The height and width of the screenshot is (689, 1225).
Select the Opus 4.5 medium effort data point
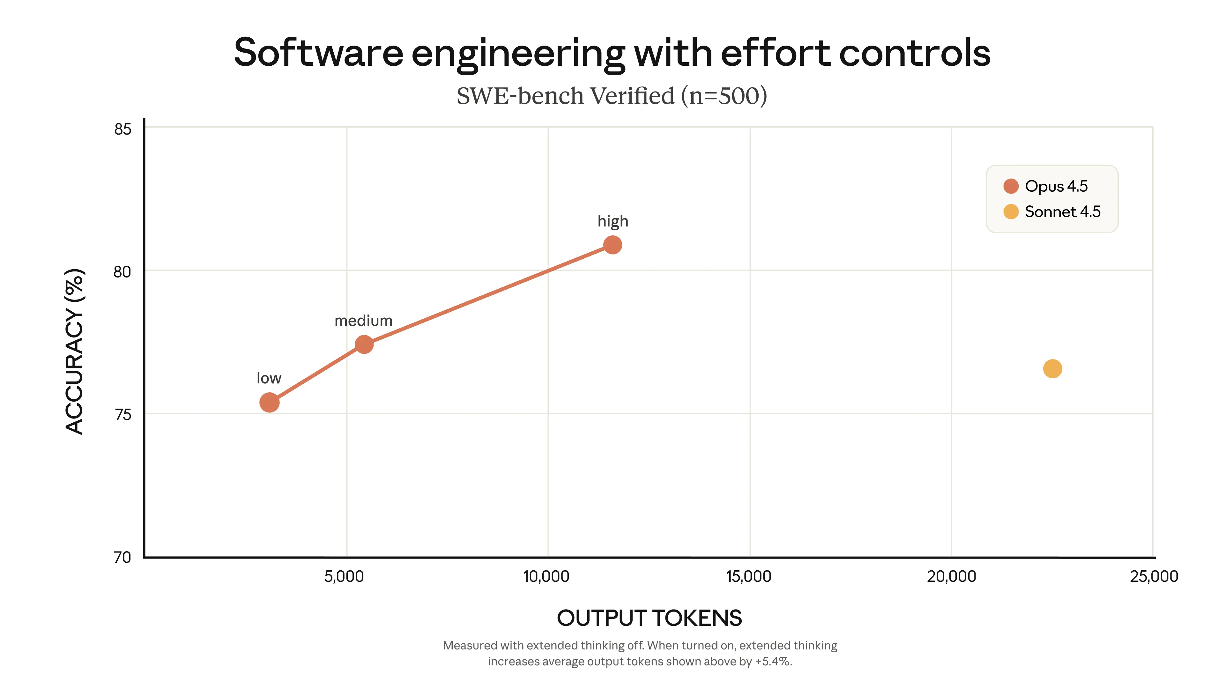(364, 344)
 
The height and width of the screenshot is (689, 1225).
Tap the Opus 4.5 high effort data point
(612, 245)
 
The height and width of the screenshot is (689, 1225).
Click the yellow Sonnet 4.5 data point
(1052, 368)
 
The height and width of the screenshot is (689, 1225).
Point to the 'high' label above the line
(612, 222)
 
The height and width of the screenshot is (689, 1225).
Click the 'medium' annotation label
(363, 321)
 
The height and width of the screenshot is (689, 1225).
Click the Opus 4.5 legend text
(1056, 186)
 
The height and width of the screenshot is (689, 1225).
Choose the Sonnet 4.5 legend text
(1062, 211)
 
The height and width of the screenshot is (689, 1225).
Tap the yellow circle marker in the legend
(1011, 211)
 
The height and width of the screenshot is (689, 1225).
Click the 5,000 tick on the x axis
(344, 576)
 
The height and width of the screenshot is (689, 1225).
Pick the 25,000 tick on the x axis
(1154, 576)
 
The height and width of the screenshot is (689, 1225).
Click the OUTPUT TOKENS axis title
(649, 618)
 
